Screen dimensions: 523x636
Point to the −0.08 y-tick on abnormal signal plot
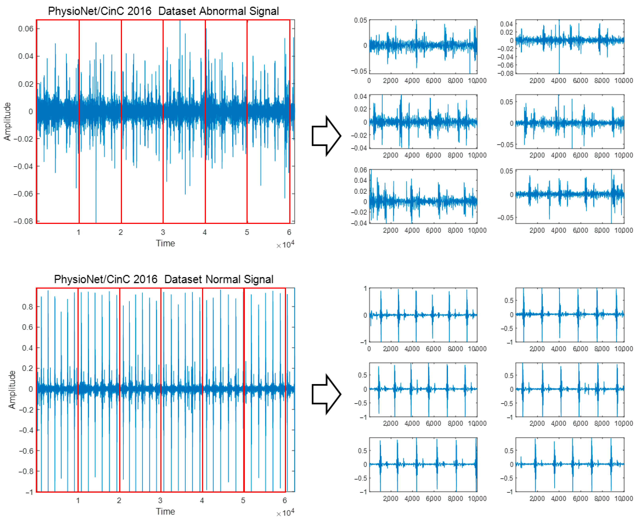click(23, 221)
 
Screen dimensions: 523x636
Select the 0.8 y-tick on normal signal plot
click(27, 307)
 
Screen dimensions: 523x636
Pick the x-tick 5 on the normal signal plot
click(243, 500)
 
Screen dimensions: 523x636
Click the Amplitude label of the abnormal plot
click(7, 121)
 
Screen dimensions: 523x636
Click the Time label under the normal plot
click(165, 511)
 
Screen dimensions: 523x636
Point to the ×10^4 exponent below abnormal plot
click(285, 245)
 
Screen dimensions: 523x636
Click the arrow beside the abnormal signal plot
click(326, 136)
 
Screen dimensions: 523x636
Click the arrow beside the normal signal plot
click(326, 394)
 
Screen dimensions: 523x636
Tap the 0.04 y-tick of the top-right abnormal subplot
click(506, 24)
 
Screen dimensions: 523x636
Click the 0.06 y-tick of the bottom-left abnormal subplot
click(360, 170)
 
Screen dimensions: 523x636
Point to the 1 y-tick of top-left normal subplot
click(365, 289)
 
